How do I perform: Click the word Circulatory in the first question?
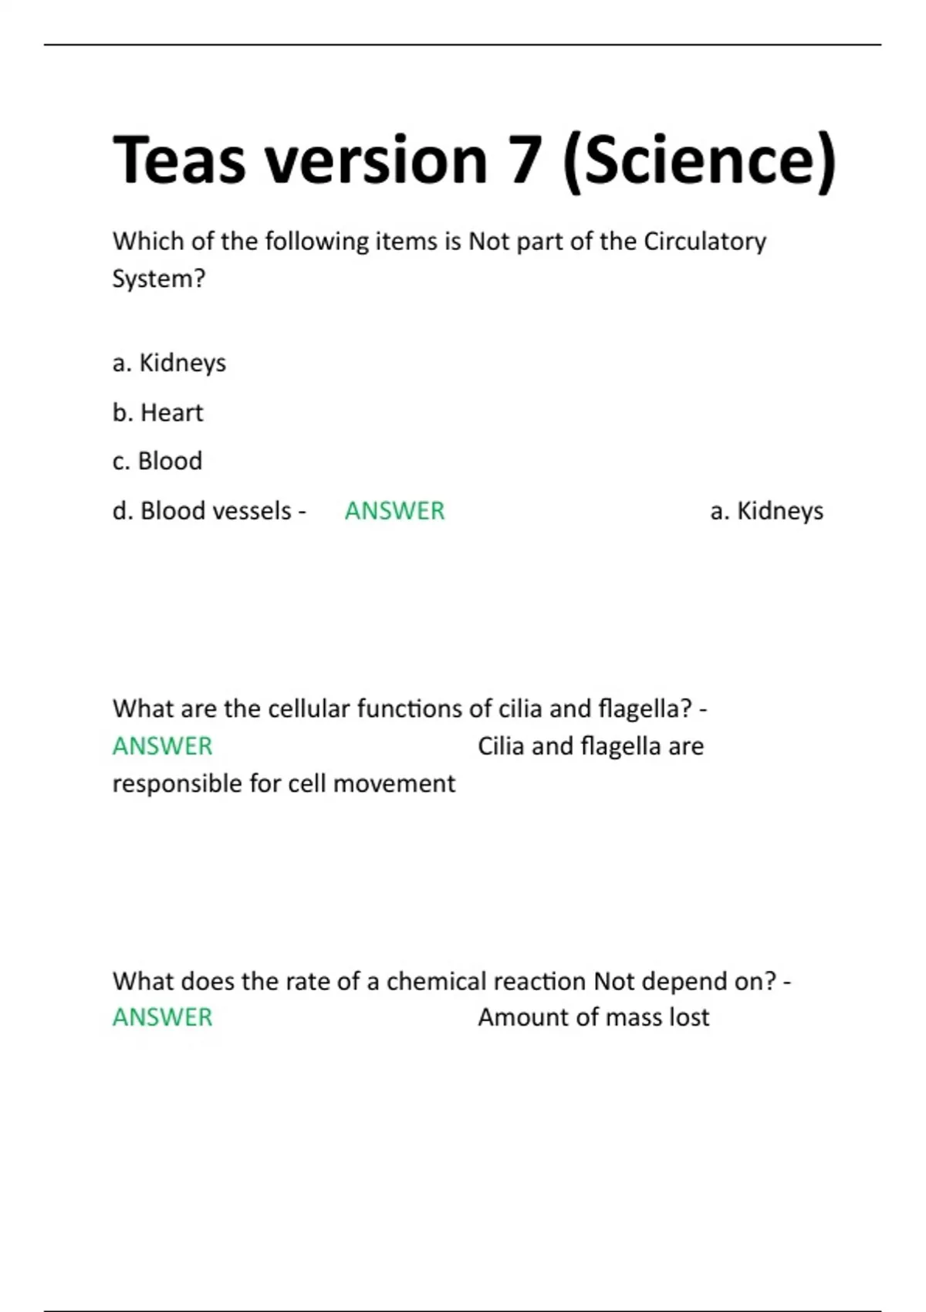pyautogui.click(x=705, y=242)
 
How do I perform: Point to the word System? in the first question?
pyautogui.click(x=159, y=279)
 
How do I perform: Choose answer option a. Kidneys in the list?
pyautogui.click(x=169, y=363)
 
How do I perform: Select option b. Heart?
pyautogui.click(x=157, y=413)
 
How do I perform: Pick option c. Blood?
pyautogui.click(x=157, y=462)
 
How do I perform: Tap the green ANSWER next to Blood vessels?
pyautogui.click(x=394, y=511)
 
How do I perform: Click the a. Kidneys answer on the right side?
pyautogui.click(x=766, y=511)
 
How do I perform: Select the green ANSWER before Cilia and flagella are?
pyautogui.click(x=162, y=746)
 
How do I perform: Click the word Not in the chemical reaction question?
pyautogui.click(x=614, y=982)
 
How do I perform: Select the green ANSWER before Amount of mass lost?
pyautogui.click(x=162, y=1018)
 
